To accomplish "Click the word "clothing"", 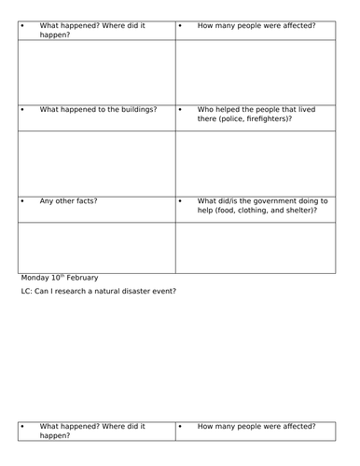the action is [254, 212].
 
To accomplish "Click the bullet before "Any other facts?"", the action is [23, 201].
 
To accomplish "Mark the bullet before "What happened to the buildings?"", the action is [23, 110].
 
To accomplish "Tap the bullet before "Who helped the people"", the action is [181, 110].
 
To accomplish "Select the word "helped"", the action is [225, 110].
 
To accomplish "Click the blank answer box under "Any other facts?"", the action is [97, 247].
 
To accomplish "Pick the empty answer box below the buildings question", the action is [97, 163].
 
